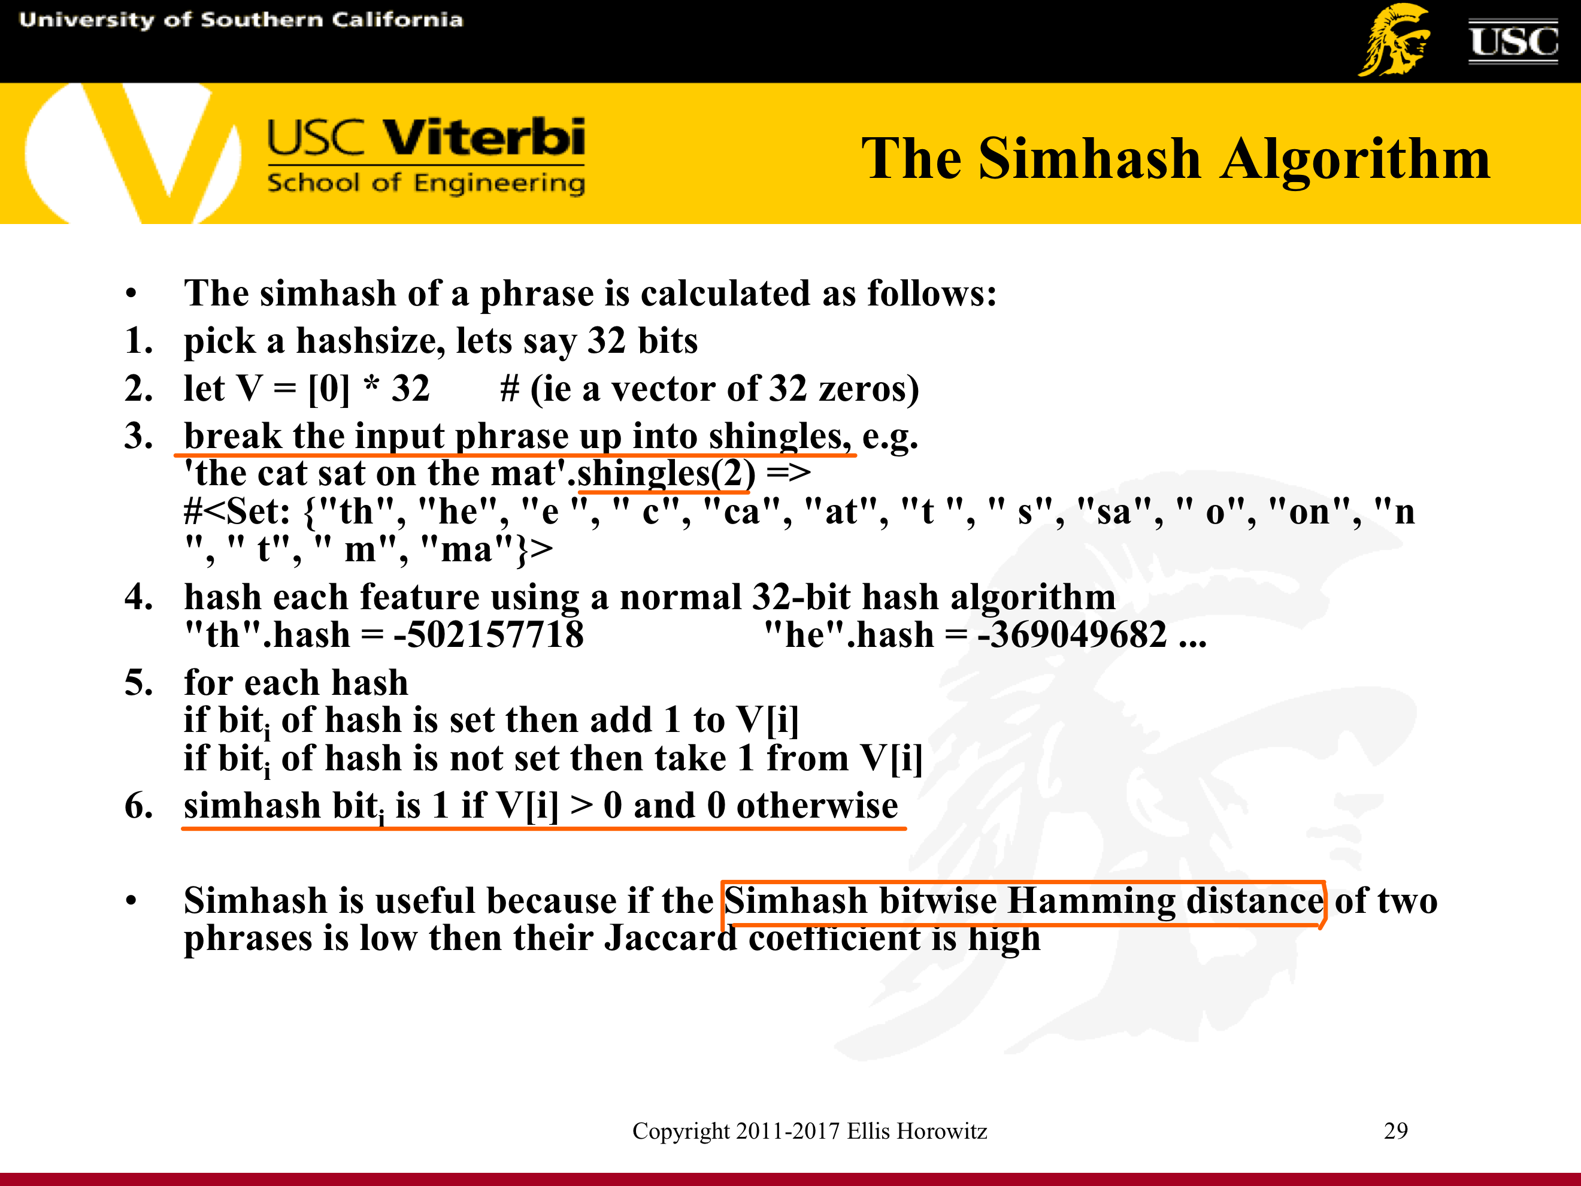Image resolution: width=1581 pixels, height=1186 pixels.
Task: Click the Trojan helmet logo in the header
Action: point(1394,40)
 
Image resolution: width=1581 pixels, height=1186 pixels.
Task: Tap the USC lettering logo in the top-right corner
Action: point(1513,41)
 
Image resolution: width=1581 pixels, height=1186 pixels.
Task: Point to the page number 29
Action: point(1396,1130)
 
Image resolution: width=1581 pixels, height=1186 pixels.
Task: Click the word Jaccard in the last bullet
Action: point(670,938)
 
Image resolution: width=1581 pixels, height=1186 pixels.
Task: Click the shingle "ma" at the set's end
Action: point(468,549)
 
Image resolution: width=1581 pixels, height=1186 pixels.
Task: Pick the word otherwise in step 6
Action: point(817,806)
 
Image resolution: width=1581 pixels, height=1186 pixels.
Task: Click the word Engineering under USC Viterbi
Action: point(499,184)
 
